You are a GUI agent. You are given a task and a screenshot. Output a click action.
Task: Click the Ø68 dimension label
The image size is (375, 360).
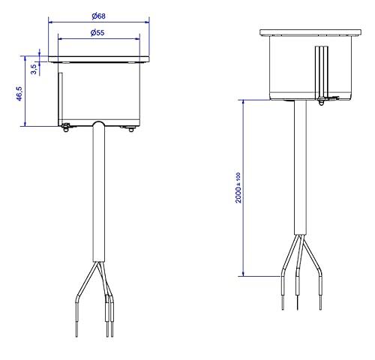(x=99, y=16)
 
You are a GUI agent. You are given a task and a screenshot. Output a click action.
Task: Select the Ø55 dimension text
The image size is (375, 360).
(x=97, y=32)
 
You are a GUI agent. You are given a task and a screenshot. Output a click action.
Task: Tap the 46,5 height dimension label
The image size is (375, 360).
(x=19, y=94)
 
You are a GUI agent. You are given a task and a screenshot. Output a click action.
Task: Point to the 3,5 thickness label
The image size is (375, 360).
(x=34, y=69)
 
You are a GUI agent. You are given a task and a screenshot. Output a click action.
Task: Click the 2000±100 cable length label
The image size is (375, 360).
(x=238, y=187)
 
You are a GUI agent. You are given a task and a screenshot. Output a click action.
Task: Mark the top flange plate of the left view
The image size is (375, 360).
(x=99, y=59)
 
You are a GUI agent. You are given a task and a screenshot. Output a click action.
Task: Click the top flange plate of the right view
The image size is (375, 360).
(x=310, y=32)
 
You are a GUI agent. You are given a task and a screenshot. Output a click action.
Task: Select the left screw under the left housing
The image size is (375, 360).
(x=65, y=127)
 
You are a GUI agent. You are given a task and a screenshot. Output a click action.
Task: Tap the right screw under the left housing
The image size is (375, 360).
(x=131, y=129)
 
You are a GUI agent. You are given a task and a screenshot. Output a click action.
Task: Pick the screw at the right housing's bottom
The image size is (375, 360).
(x=321, y=102)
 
